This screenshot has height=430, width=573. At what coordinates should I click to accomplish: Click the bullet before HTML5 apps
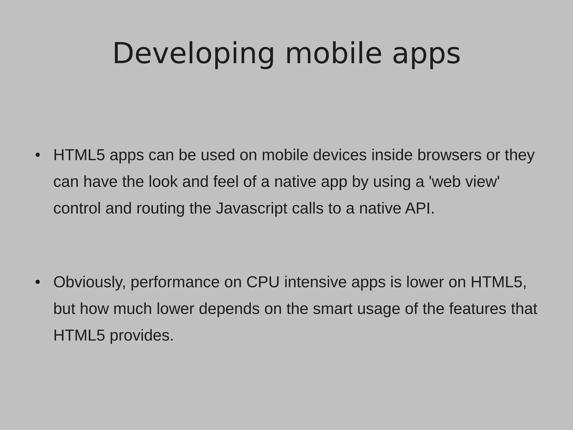click(38, 155)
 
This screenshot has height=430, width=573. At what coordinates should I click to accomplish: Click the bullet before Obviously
click(38, 282)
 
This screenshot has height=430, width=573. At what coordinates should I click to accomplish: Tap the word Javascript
click(251, 209)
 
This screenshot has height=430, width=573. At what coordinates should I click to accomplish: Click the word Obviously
click(89, 282)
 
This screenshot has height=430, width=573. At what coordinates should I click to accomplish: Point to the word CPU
click(263, 282)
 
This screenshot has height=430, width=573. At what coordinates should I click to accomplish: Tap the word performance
click(175, 282)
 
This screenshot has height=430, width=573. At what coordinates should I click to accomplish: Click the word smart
click(332, 309)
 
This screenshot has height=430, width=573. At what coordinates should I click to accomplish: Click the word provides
click(142, 335)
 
